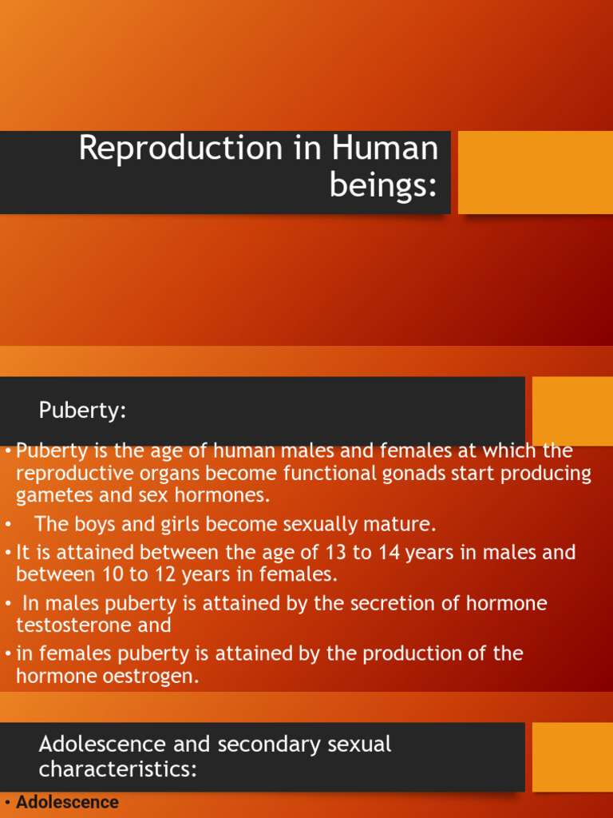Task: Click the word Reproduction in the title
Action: [x=180, y=149]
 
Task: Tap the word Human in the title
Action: [x=386, y=149]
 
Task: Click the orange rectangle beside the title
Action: [x=535, y=173]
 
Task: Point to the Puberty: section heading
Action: [x=83, y=411]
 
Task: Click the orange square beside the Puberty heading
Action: [x=571, y=411]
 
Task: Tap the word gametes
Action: [x=50, y=495]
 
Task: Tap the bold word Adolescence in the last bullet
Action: [x=67, y=802]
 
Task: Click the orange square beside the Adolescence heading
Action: [x=571, y=756]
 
